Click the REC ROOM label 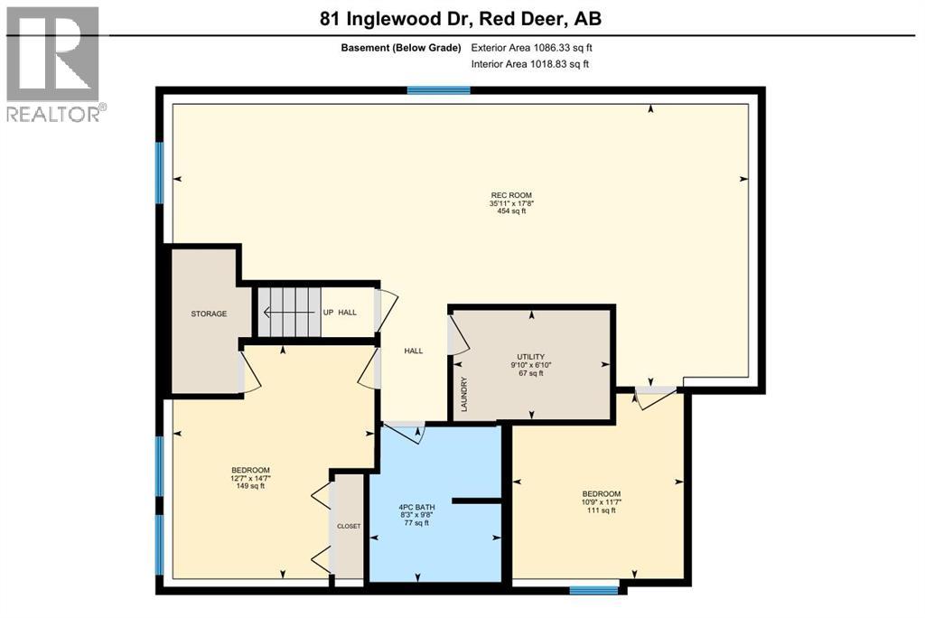tap(510, 195)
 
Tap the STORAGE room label tap(208, 314)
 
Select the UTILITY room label tap(531, 357)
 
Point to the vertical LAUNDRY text tap(464, 395)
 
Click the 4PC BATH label tap(417, 507)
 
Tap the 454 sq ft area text tap(510, 211)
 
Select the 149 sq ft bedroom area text tap(250, 486)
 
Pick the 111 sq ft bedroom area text tap(601, 510)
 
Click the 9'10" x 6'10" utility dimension tap(531, 365)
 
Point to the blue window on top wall tap(438, 90)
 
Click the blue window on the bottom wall tap(593, 590)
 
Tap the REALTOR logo tap(53, 63)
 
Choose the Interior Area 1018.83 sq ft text tap(531, 64)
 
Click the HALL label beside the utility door tap(414, 351)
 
